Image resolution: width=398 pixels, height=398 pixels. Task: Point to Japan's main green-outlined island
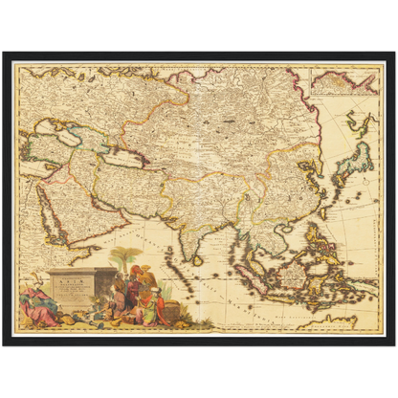[x=356, y=158]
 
